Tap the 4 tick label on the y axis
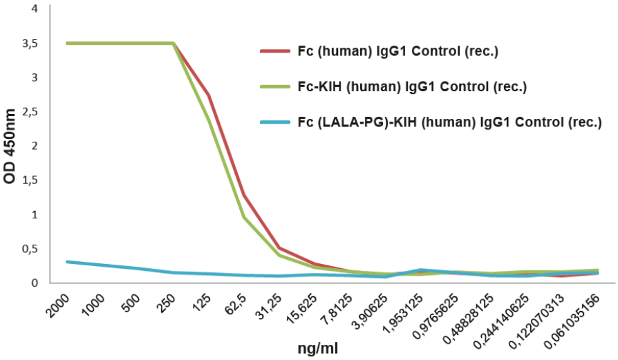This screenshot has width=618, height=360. pyautogui.click(x=35, y=10)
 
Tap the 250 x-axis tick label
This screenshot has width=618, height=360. pyautogui.click(x=167, y=300)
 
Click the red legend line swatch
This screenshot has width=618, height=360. pyautogui.click(x=274, y=51)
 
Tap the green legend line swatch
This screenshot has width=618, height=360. pyautogui.click(x=274, y=87)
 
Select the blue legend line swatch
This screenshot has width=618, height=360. pyautogui.click(x=274, y=123)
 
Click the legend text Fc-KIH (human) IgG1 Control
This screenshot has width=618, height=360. pyautogui.click(x=412, y=87)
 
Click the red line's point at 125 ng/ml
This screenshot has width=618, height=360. pyautogui.click(x=208, y=95)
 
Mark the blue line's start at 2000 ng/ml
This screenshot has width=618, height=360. pyautogui.click(x=66, y=262)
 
